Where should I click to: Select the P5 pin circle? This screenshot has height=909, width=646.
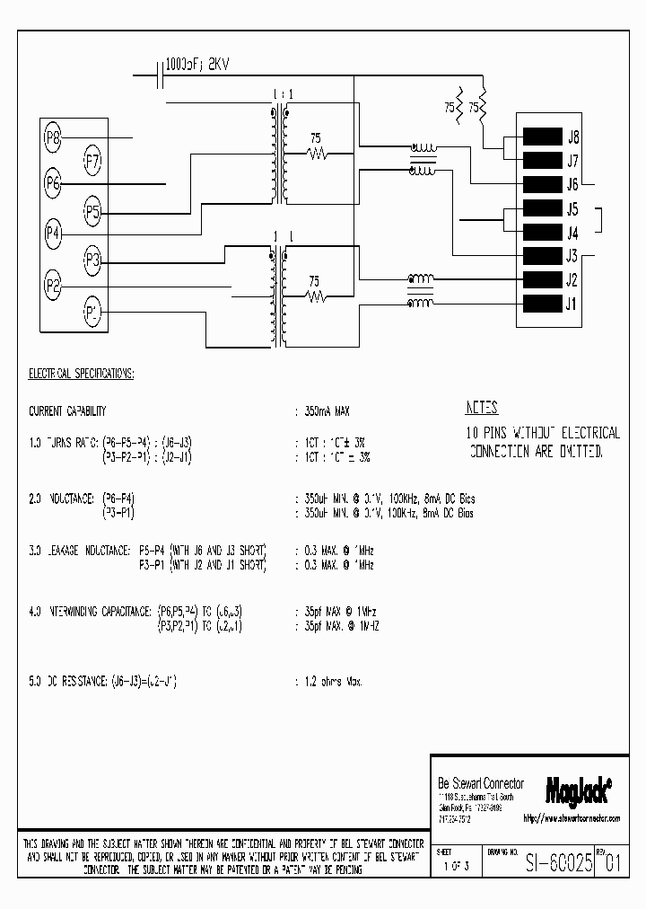click(93, 212)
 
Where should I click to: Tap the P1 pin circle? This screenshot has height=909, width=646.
click(92, 312)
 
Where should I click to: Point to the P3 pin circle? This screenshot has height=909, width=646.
click(93, 261)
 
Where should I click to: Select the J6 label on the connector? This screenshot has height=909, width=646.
click(572, 185)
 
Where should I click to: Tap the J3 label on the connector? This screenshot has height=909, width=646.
click(572, 255)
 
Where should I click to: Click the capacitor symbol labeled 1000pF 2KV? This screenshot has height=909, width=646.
click(159, 77)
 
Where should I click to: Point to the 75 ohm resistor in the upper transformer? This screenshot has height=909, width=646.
click(316, 154)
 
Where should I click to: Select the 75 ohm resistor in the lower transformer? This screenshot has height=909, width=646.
click(316, 296)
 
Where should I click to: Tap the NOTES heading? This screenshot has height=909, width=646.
click(482, 407)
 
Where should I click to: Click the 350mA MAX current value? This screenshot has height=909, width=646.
click(327, 411)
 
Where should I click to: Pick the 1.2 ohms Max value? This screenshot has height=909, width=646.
click(332, 683)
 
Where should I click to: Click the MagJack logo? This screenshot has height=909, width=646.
click(578, 789)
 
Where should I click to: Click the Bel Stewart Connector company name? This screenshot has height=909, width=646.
click(480, 783)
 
